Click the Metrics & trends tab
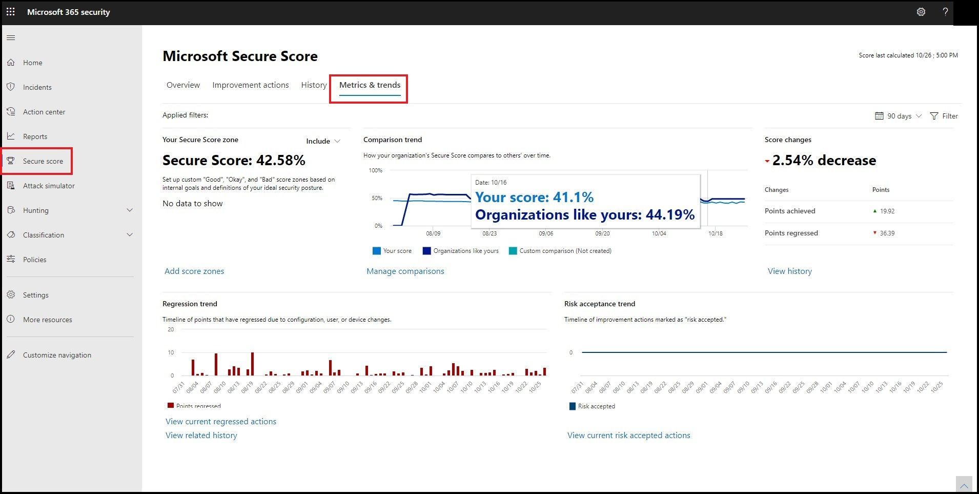click(x=370, y=85)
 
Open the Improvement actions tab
click(x=251, y=85)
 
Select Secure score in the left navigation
click(x=43, y=161)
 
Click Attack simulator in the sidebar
click(x=49, y=186)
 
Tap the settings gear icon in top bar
click(x=921, y=12)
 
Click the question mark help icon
click(x=945, y=12)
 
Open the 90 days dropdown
click(x=899, y=116)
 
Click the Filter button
click(x=944, y=116)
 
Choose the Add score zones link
click(x=194, y=271)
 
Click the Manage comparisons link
click(x=405, y=271)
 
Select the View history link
click(x=789, y=271)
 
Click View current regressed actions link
click(x=221, y=422)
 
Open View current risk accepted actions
click(x=628, y=436)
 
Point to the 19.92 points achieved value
click(x=887, y=211)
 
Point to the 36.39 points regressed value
click(x=887, y=233)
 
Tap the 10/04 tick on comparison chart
click(x=659, y=233)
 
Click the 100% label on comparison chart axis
click(x=375, y=170)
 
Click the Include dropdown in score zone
click(x=323, y=141)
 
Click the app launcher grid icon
click(x=11, y=12)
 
